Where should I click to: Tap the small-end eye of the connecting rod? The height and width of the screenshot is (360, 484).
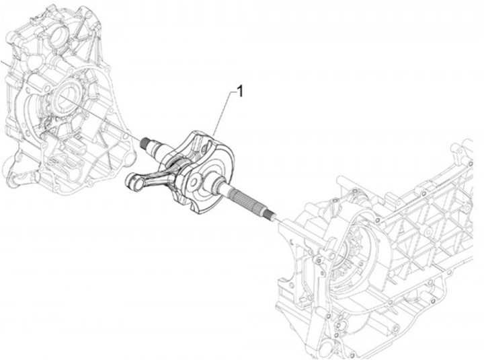pos(132,180)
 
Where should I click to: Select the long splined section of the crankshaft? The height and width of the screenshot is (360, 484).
pos(248,201)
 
